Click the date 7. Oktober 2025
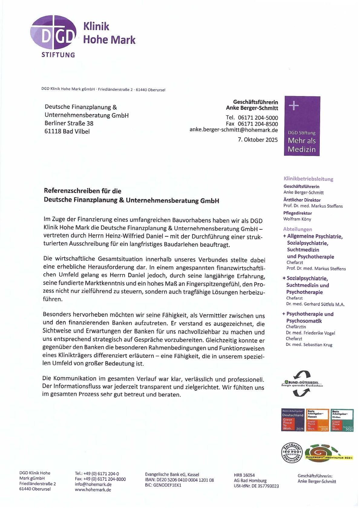coord(257,140)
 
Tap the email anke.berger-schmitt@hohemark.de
coord(234,130)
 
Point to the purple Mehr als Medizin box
coord(302,126)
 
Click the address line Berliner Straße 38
coord(69,123)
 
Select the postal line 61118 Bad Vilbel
coord(67,132)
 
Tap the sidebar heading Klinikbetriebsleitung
coord(308,179)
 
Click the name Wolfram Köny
coord(297,219)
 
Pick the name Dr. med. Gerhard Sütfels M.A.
coord(315,304)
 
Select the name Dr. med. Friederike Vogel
coord(310,333)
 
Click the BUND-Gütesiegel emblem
coord(302,384)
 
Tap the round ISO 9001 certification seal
coord(292,452)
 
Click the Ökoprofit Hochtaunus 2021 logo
coord(328,452)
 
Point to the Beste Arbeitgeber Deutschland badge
coord(293,420)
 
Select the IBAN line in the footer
coord(179,480)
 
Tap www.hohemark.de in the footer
coord(93,490)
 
